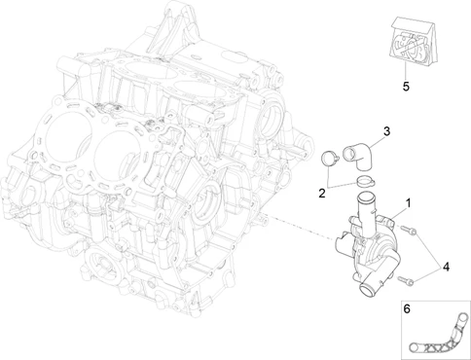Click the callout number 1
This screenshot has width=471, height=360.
[x=409, y=203]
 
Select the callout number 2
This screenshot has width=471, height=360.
[x=322, y=194]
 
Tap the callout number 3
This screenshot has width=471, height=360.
[x=386, y=131]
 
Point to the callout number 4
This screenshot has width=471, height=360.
[x=447, y=267]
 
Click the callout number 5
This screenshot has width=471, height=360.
[x=406, y=87]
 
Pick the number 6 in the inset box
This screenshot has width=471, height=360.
[x=407, y=308]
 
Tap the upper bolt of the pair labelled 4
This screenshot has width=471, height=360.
[x=409, y=231]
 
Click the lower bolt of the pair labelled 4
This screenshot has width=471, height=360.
[x=406, y=280]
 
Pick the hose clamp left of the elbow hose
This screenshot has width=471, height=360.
[x=330, y=159]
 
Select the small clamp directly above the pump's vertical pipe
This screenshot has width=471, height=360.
[x=366, y=181]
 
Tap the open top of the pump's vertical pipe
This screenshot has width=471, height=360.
[x=366, y=197]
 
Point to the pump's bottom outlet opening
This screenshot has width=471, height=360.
[x=368, y=290]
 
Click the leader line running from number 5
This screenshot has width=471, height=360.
[x=405, y=71]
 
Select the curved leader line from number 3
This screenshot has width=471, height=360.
[x=376, y=143]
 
